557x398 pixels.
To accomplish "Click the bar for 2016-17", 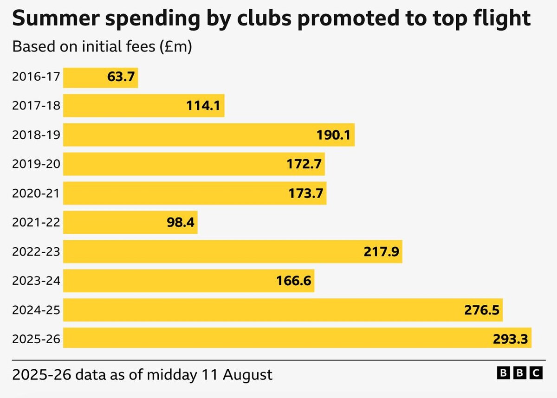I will click(x=100, y=77).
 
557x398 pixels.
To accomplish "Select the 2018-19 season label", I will click(x=36, y=135).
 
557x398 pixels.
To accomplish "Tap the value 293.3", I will click(x=510, y=339).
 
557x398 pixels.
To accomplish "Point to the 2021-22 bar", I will click(x=130, y=223).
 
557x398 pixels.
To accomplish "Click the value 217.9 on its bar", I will click(x=381, y=252).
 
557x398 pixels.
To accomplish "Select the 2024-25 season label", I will click(x=36, y=310).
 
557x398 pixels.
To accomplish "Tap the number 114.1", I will click(x=203, y=106).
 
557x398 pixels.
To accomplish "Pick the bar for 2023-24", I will click(x=188, y=281).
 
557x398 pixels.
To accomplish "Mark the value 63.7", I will click(x=121, y=77).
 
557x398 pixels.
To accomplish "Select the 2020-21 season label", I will click(x=36, y=193).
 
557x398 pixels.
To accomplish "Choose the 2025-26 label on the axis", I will click(x=36, y=339).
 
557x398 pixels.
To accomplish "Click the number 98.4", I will click(x=180, y=223).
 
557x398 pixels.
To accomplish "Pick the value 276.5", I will click(x=482, y=310).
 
